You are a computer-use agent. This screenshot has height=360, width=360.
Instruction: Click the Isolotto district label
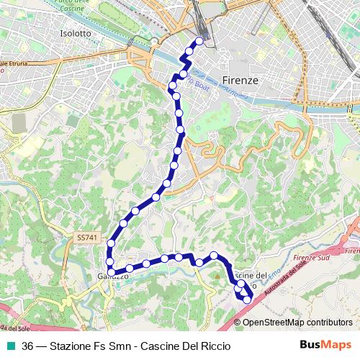tap(76, 33)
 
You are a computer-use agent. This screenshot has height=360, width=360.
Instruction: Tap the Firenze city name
tap(240, 80)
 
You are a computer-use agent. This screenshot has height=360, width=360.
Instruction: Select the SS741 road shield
tap(86, 237)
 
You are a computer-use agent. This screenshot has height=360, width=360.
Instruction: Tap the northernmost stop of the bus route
tap(199, 40)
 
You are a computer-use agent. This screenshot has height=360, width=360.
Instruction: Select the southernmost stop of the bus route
tap(248, 300)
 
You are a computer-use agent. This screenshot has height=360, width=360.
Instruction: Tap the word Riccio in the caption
tap(215, 346)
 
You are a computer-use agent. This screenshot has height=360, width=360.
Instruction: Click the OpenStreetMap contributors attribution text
tap(298, 323)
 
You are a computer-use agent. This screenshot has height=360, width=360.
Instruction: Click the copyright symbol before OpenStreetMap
tap(238, 323)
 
